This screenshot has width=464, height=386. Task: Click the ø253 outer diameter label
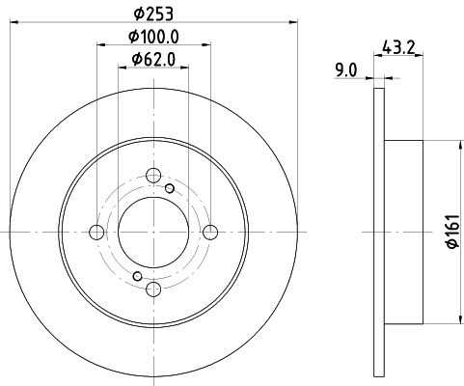(153, 14)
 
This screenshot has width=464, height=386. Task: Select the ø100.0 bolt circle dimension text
(153, 37)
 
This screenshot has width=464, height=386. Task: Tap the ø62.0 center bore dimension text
(153, 60)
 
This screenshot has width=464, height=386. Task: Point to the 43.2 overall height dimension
(398, 47)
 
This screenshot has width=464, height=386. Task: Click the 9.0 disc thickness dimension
(346, 70)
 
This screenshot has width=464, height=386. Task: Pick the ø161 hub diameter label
(453, 232)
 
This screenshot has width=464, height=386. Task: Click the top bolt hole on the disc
(153, 176)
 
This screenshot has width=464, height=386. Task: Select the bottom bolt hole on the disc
(153, 289)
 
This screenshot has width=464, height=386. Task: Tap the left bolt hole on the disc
(96, 233)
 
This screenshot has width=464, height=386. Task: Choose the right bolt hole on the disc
(210, 233)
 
